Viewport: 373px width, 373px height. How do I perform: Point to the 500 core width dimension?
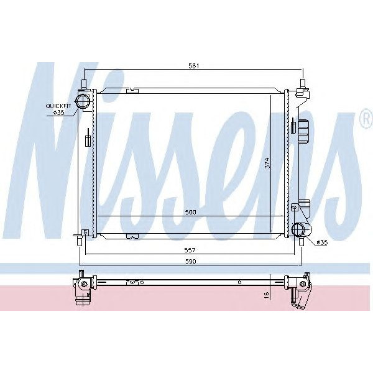pos(190,213)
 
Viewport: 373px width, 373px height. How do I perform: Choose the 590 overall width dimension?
pos(190,261)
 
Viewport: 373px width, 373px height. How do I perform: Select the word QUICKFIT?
pos(58,106)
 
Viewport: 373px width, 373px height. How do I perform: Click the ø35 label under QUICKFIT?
pos(59,113)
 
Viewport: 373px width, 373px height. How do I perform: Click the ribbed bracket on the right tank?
pos(303,131)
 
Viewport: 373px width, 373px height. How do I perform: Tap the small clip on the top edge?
pos(131,91)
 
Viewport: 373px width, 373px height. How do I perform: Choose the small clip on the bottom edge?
pos(131,236)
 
